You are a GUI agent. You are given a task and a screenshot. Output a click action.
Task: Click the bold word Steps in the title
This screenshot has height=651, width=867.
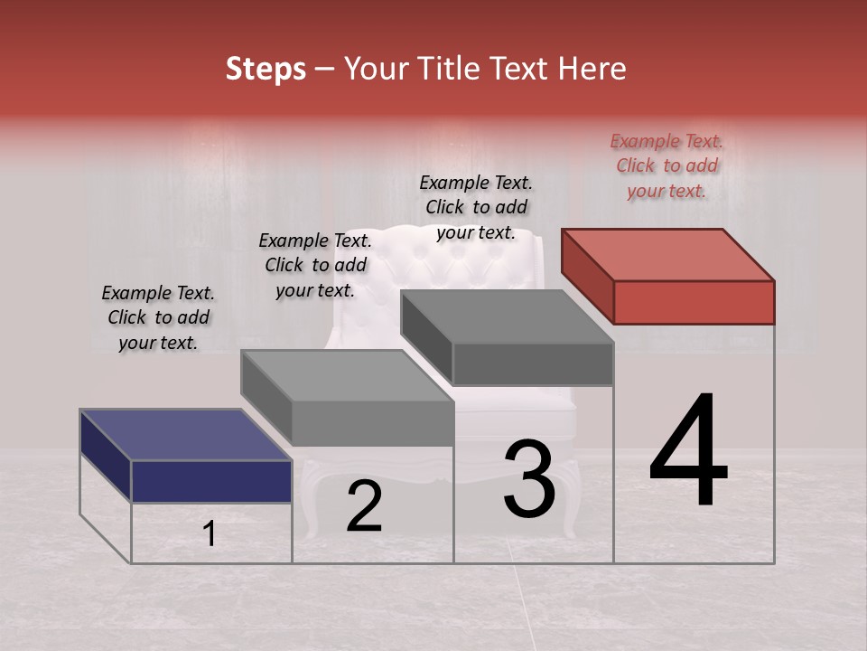[266, 69]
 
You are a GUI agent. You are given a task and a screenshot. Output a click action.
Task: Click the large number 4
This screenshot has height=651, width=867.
[689, 452]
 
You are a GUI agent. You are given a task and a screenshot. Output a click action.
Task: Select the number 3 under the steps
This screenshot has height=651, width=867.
[529, 479]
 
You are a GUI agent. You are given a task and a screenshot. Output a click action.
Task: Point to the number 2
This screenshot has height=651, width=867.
[364, 507]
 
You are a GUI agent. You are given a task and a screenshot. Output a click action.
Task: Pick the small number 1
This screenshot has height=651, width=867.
[210, 534]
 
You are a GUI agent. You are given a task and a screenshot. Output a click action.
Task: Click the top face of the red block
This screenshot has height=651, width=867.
[667, 254]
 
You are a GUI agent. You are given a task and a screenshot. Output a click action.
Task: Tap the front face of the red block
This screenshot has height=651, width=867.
[694, 302]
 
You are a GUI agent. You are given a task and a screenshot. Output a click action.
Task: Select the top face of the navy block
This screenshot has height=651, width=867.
[185, 435]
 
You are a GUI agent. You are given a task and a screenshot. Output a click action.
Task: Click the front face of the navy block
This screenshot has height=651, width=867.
[211, 481]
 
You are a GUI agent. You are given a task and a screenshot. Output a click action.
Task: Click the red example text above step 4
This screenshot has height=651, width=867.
[667, 165]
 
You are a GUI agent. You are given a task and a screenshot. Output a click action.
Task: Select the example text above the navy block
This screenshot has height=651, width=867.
[158, 317]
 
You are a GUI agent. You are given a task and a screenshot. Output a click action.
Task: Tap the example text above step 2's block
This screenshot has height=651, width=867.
[315, 265]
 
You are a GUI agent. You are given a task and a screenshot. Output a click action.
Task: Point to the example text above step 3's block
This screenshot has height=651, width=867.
[476, 207]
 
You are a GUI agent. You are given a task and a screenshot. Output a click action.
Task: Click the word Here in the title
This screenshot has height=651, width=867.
[592, 69]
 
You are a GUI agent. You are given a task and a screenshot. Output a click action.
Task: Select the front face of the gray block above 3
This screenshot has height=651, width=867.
[533, 363]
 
